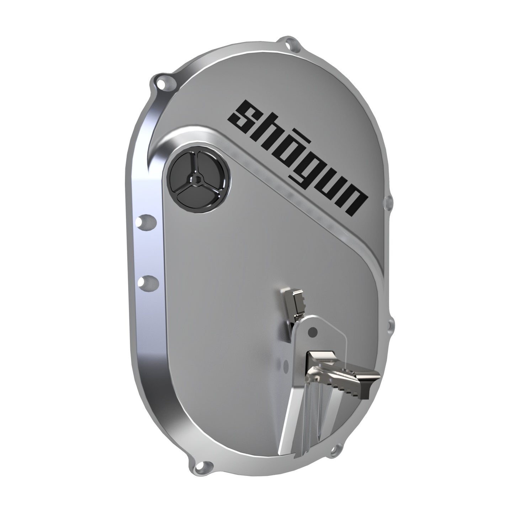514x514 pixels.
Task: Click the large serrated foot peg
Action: [x=341, y=373]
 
